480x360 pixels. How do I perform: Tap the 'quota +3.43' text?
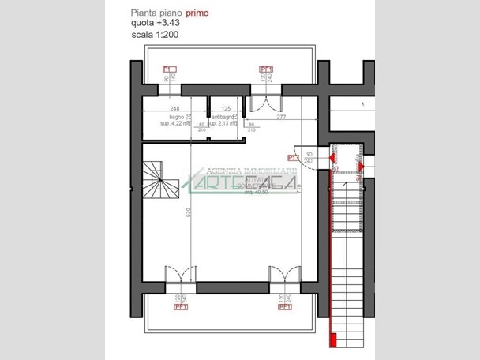point(155,24)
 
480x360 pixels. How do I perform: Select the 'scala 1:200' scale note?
point(154,36)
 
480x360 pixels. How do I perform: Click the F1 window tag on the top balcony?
point(168,69)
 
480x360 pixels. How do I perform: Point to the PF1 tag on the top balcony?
point(265,69)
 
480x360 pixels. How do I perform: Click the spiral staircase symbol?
point(161,181)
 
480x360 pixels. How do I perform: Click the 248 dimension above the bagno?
point(174,108)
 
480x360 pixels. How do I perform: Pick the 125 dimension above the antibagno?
point(226,108)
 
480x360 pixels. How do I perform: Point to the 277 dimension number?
point(281,117)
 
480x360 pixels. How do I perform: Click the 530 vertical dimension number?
point(188,213)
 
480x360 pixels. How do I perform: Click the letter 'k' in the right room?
point(363,103)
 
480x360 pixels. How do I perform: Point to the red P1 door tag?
point(293,147)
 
